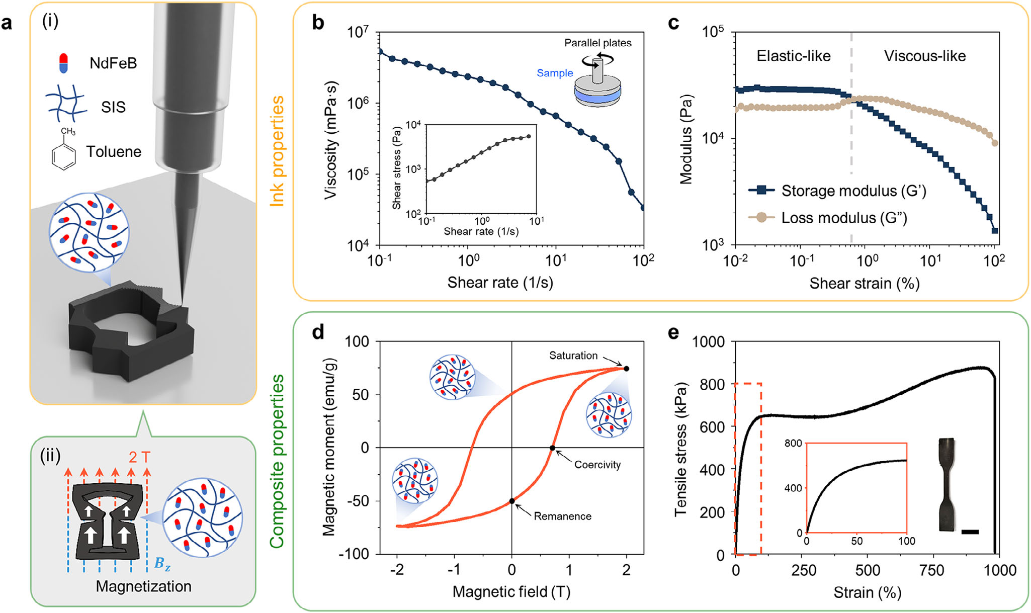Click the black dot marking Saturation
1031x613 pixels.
(626, 369)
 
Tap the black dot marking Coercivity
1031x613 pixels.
(552, 448)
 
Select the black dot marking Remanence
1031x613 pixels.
(512, 501)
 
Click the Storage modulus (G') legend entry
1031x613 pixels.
(837, 191)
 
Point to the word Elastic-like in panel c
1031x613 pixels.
(793, 56)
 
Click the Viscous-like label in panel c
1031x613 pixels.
(925, 56)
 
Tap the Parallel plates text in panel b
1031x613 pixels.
(597, 43)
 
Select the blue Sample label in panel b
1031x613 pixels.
(555, 73)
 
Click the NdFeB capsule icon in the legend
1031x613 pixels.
(63, 63)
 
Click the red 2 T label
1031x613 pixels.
(139, 457)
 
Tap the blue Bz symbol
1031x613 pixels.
(162, 564)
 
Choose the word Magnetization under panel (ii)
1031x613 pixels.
(143, 586)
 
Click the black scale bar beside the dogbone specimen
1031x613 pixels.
(970, 532)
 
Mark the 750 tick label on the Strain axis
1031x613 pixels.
(931, 570)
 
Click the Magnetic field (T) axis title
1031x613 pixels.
(511, 592)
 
